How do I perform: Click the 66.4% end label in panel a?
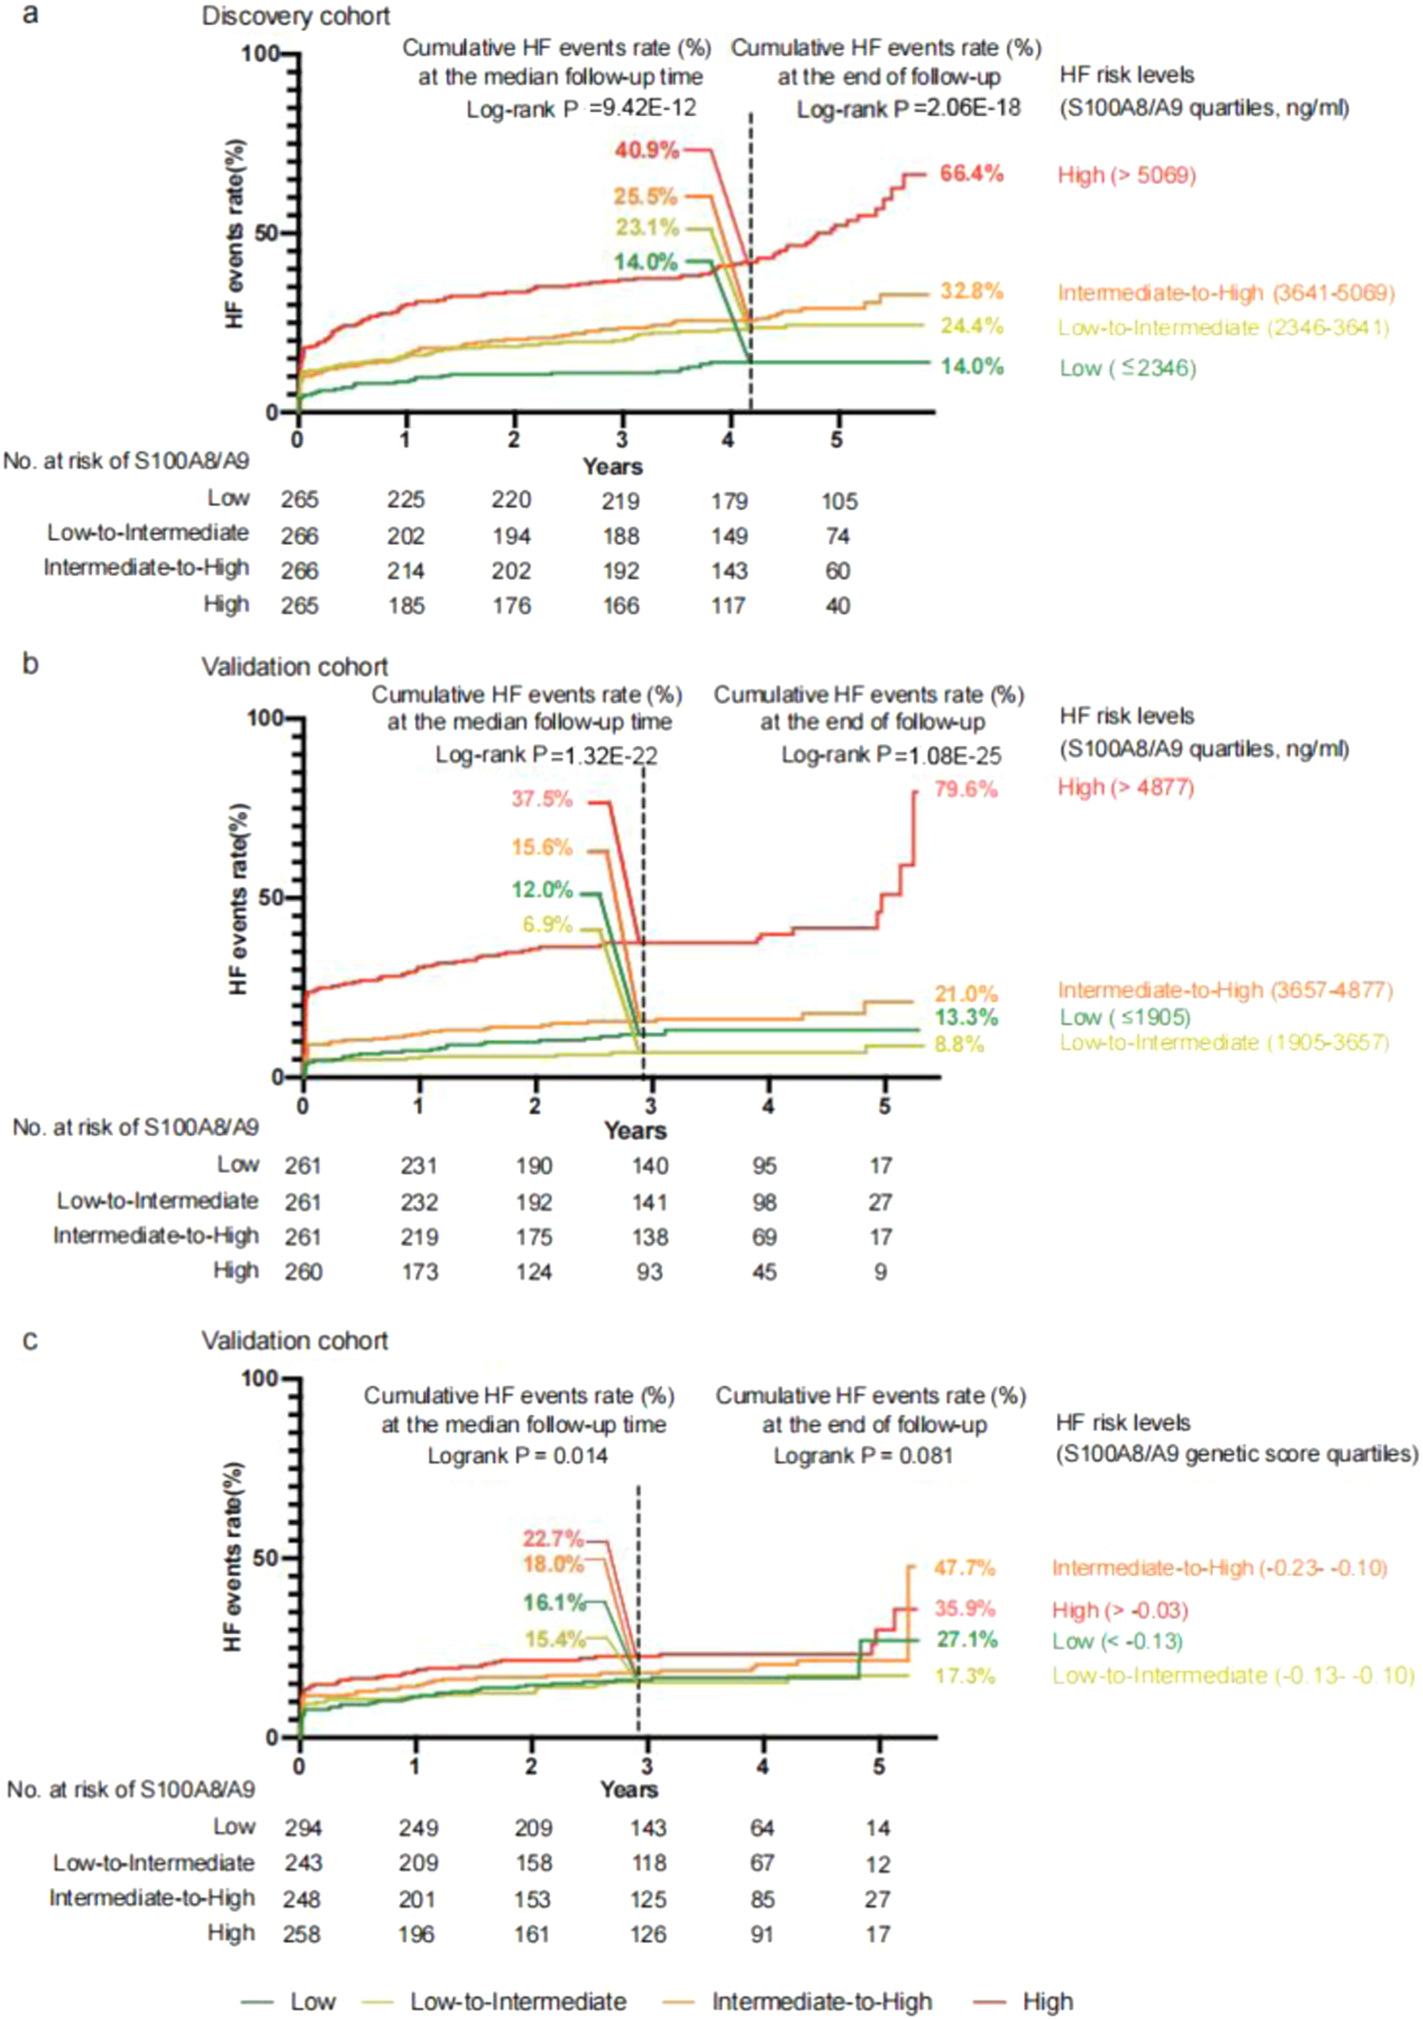pyautogui.click(x=971, y=174)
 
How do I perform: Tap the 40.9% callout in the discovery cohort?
pyautogui.click(x=646, y=150)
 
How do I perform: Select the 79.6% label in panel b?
pyautogui.click(x=966, y=789)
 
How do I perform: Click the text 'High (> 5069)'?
pyautogui.click(x=1127, y=175)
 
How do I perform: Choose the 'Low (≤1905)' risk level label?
pyautogui.click(x=1124, y=1017)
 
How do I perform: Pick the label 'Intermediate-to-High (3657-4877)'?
pyautogui.click(x=1225, y=990)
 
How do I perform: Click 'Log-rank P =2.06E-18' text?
pyautogui.click(x=908, y=110)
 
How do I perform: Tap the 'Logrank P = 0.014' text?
pyautogui.click(x=517, y=1456)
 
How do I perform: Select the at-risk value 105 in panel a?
pyautogui.click(x=839, y=502)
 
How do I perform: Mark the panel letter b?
pyautogui.click(x=30, y=663)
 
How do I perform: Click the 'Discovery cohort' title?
pyautogui.click(x=296, y=17)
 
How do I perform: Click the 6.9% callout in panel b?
pyautogui.click(x=547, y=924)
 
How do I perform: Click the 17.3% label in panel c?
pyautogui.click(x=964, y=1676)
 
